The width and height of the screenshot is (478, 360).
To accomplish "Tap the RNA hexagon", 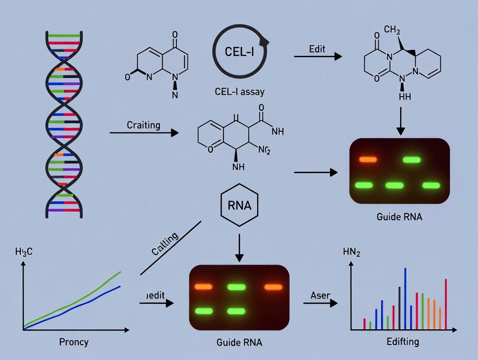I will tap(239, 205).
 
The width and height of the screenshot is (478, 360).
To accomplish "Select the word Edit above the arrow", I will tap(317, 49).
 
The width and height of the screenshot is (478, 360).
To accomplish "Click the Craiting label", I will tap(143, 125).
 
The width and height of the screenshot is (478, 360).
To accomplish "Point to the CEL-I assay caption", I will tap(239, 92).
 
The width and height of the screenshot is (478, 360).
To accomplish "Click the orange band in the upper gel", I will tap(369, 160).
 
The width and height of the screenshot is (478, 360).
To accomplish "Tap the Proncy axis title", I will tap(74, 342).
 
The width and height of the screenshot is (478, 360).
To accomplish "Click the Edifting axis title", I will tap(403, 341).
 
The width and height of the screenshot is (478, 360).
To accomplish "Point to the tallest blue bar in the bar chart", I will tap(405, 299).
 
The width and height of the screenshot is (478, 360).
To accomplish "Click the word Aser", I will tap(320, 295).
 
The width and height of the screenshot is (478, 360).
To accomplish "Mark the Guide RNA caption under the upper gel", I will tap(400, 216).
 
